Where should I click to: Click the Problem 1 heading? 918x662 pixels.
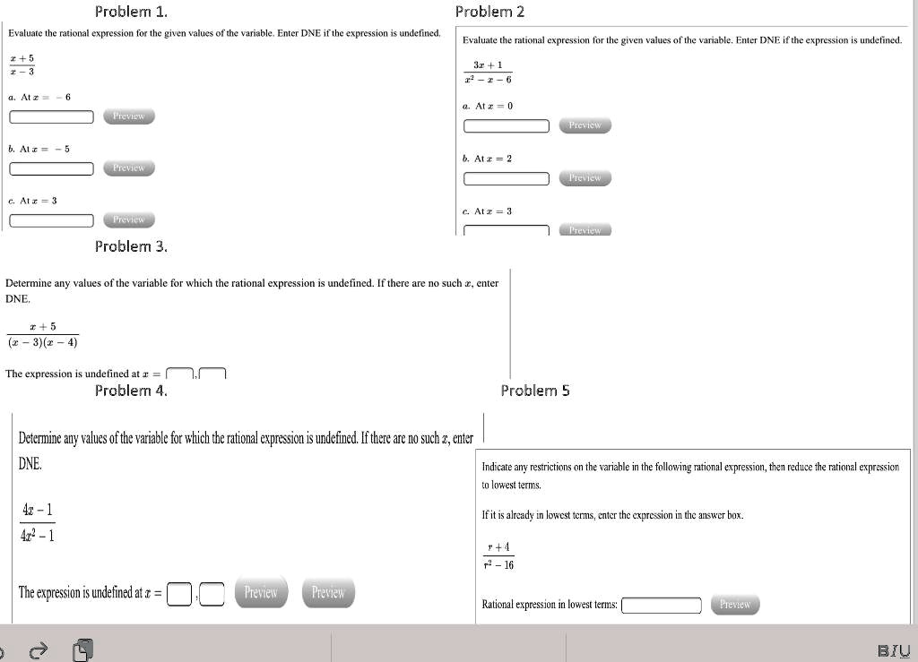tap(131, 12)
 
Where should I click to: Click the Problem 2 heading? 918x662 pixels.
tap(489, 12)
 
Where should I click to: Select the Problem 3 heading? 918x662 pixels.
tap(131, 245)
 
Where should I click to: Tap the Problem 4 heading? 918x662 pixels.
tap(131, 390)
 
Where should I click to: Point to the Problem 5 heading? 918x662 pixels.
tap(535, 390)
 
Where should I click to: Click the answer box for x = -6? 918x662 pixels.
tap(52, 116)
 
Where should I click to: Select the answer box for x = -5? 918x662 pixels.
tap(52, 168)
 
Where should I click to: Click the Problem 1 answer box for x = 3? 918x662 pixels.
tap(52, 220)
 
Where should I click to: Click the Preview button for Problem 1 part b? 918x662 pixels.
tap(129, 168)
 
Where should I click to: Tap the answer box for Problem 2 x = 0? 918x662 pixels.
tap(507, 126)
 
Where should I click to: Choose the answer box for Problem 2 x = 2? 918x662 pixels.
tap(507, 178)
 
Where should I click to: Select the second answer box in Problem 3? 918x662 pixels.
tap(212, 374)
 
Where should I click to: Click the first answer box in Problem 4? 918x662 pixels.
tap(179, 594)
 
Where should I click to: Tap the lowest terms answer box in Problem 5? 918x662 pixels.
tap(662, 606)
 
